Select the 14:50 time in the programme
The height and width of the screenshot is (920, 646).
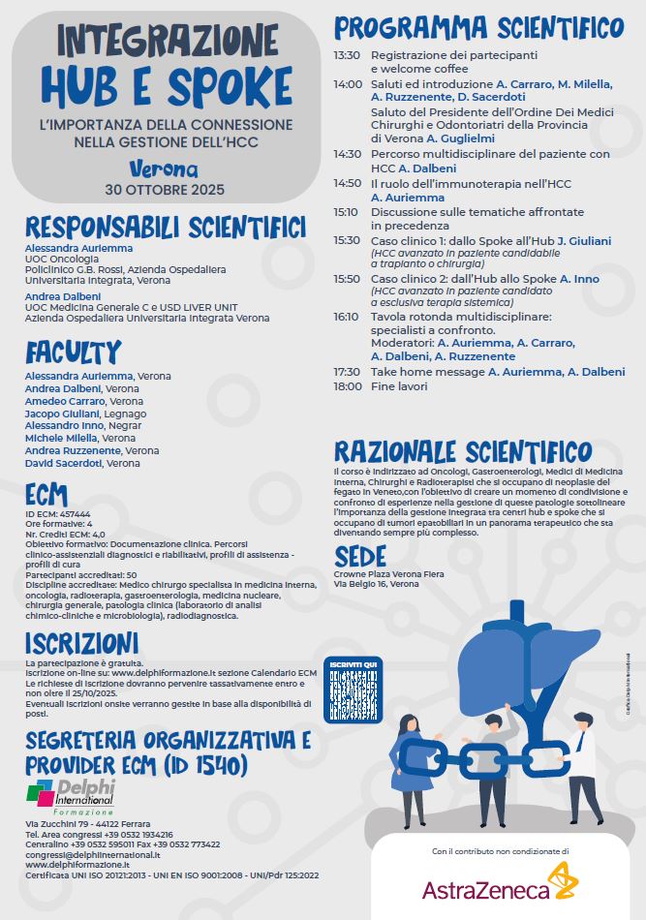(x=347, y=182)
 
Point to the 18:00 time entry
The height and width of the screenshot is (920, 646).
(x=347, y=386)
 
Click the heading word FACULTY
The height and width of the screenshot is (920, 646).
(x=74, y=352)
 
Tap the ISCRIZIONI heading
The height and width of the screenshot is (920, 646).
(x=82, y=643)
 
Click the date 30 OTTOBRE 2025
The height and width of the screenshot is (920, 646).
(x=164, y=188)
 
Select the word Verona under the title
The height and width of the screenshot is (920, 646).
(x=163, y=169)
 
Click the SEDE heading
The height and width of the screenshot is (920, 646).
(x=360, y=556)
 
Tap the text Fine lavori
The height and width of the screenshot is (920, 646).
(x=399, y=386)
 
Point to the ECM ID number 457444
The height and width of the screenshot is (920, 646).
(x=74, y=513)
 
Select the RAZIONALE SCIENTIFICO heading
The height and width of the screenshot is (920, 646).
(x=463, y=451)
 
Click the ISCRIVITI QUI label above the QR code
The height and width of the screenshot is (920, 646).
(x=352, y=663)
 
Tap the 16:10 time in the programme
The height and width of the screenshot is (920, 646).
(x=347, y=317)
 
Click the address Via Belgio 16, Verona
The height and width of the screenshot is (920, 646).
(x=377, y=585)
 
